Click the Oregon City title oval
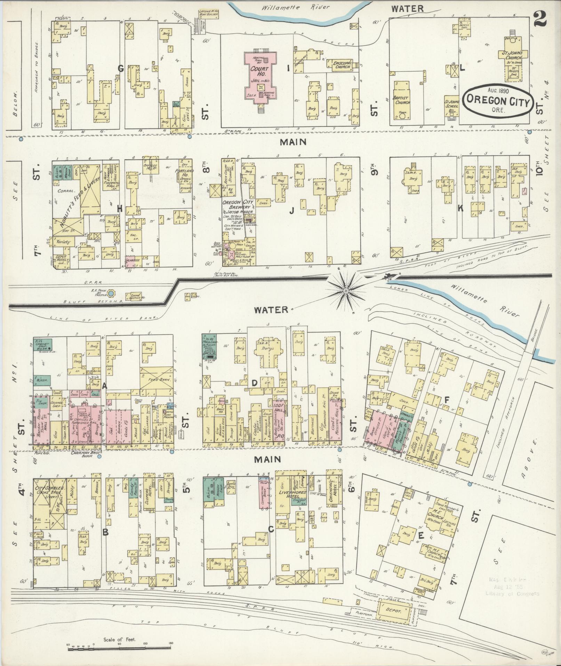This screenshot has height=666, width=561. click(498, 99)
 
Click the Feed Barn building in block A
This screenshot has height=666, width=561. click(156, 379)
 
